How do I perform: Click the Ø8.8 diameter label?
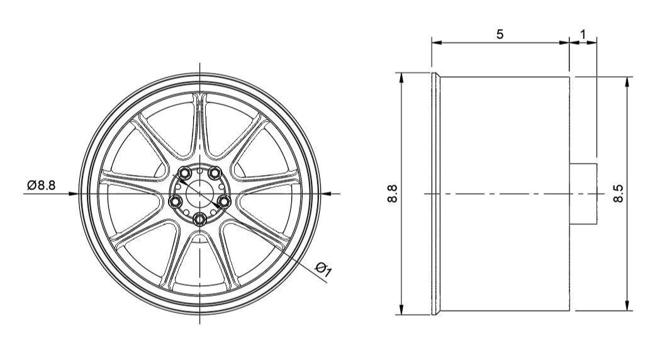(42, 185)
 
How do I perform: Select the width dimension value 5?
(500, 34)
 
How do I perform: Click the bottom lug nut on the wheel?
(200, 219)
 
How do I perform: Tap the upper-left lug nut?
(186, 173)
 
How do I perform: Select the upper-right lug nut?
(215, 173)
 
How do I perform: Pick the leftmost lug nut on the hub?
(176, 201)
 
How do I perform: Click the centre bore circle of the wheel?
(200, 193)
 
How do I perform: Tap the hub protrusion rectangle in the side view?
(583, 193)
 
